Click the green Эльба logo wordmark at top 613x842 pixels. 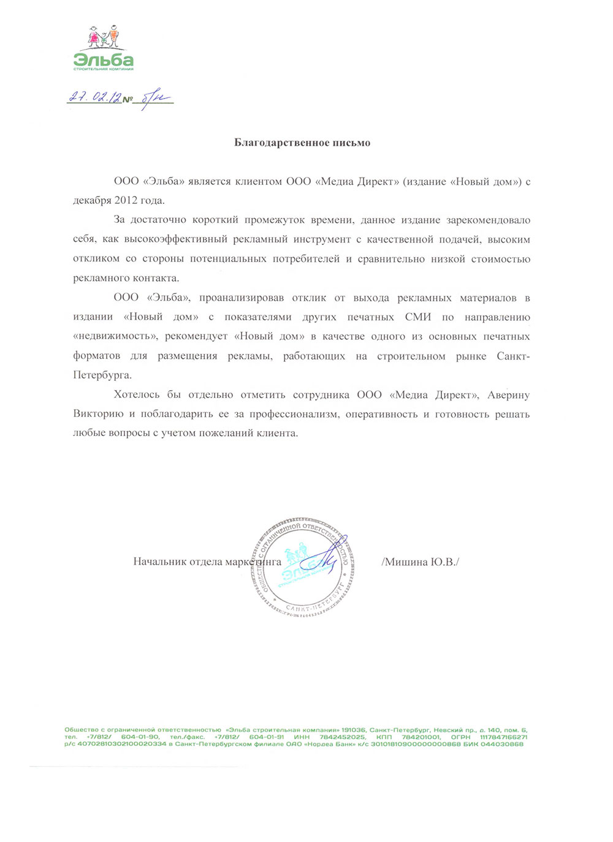[x=103, y=59]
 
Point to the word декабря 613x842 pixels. [x=92, y=200]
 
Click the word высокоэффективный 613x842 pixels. [x=175, y=239]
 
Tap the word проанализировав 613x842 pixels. [x=242, y=298]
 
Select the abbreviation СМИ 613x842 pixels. [x=418, y=317]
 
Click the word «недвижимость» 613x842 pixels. [x=116, y=337]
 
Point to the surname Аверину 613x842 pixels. [x=508, y=395]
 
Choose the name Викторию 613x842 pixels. [x=98, y=415]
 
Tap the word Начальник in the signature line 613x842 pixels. [x=161, y=562]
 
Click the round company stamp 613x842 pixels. [x=301, y=566]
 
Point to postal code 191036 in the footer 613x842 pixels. [x=354, y=731]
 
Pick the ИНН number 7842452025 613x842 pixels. [x=342, y=737]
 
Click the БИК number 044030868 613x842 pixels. [x=502, y=744]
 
